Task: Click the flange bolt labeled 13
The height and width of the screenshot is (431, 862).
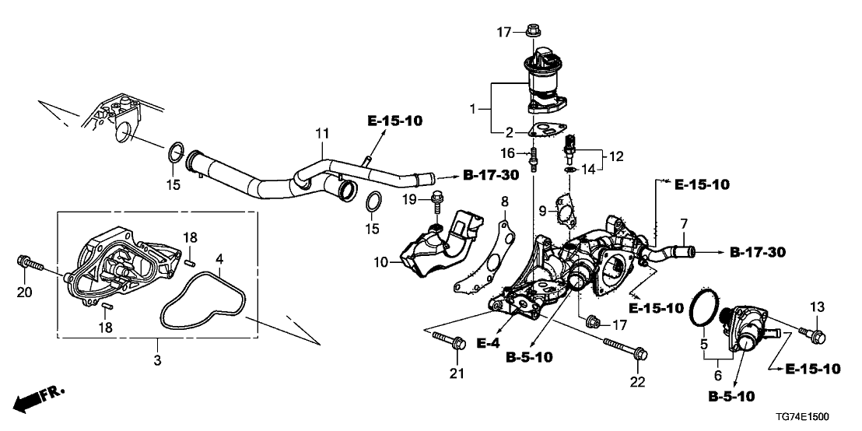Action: pyautogui.click(x=815, y=336)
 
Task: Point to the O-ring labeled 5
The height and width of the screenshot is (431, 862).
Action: pyautogui.click(x=704, y=309)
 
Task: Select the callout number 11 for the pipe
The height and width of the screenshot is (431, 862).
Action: pyautogui.click(x=321, y=135)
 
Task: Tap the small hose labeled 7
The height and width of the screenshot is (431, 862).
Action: pyautogui.click(x=671, y=252)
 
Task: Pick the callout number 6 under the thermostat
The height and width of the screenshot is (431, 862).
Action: pyautogui.click(x=717, y=374)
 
